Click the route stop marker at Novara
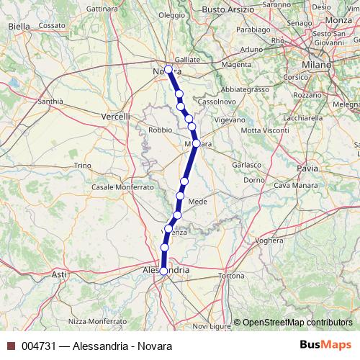(x=168, y=70)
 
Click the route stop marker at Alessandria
(x=164, y=271)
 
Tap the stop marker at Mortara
(x=196, y=143)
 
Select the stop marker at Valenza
(x=169, y=229)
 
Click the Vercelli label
(x=115, y=116)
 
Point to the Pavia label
(x=307, y=168)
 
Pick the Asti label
(x=59, y=274)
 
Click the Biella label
(x=18, y=26)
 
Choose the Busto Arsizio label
(x=228, y=9)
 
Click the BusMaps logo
(x=326, y=346)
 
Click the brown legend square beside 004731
(x=11, y=346)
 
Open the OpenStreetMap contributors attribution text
(x=296, y=322)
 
